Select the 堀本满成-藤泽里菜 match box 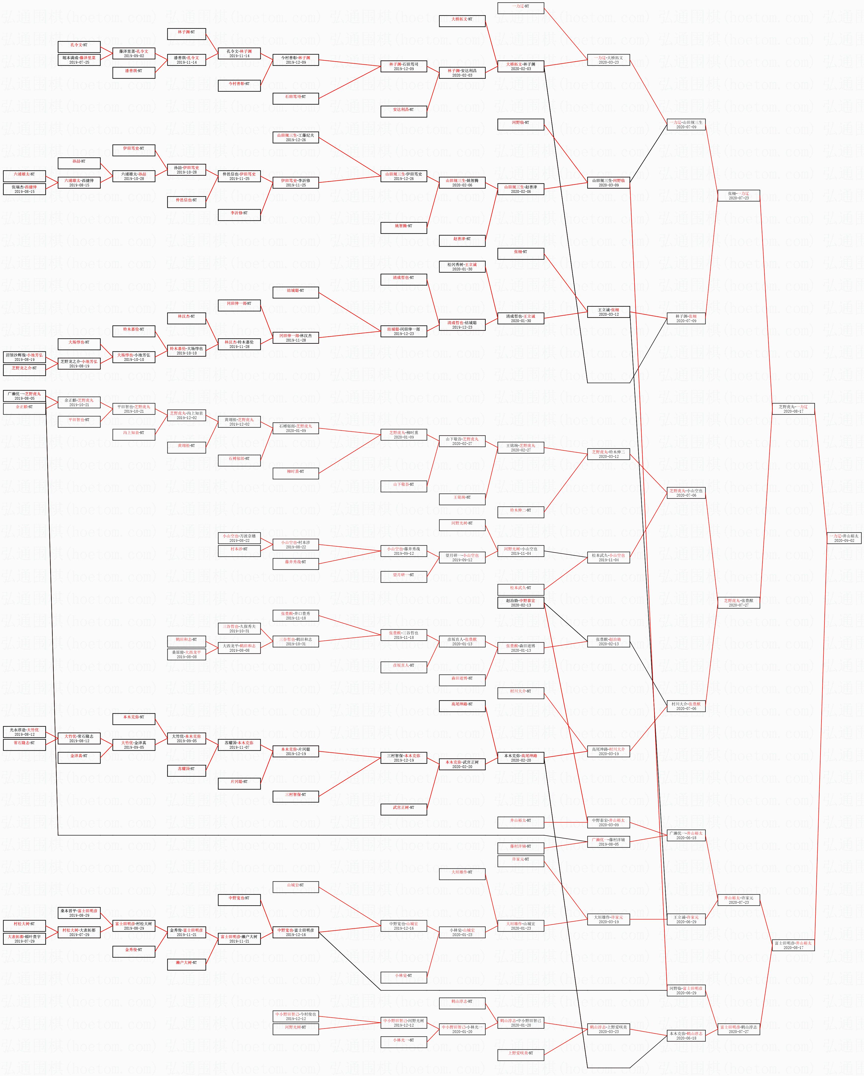pos(79,60)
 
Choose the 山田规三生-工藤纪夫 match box pos(296,137)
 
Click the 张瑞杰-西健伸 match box pos(24,189)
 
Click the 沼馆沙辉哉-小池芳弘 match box pos(24,357)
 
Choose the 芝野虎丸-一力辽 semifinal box pos(793,409)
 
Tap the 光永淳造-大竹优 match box pos(24,732)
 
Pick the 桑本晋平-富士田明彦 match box pos(79,913)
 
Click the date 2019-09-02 pos(134,56)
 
